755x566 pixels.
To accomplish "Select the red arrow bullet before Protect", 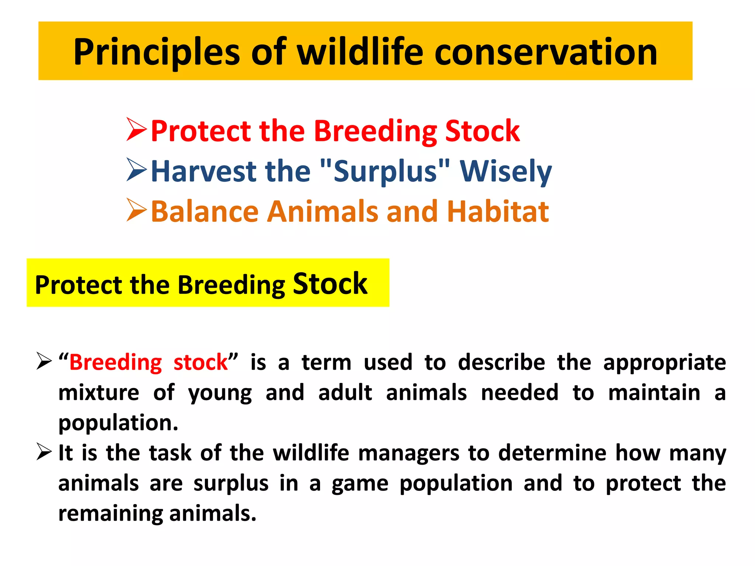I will [x=136, y=130].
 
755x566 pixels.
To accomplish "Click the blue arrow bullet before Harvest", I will [x=136, y=170].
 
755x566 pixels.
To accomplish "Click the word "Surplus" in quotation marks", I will [x=385, y=171].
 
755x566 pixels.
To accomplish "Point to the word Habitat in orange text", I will [x=498, y=212].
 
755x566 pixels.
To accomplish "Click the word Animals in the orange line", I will [x=323, y=212].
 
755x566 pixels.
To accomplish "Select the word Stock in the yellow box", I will [x=330, y=284].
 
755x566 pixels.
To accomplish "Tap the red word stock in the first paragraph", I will [x=201, y=363].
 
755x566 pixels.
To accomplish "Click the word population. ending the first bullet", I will [x=118, y=423].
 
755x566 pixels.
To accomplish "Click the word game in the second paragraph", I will [x=360, y=484].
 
